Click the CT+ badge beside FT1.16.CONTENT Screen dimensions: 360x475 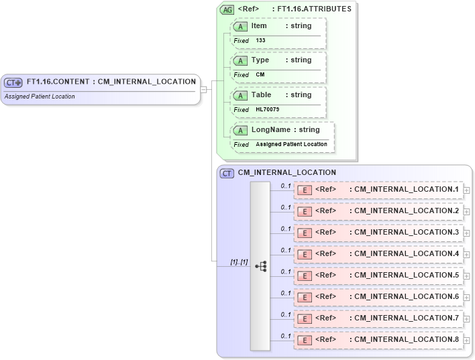13,82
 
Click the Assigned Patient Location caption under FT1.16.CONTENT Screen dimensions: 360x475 40,97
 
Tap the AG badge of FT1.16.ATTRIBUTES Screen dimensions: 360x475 227,9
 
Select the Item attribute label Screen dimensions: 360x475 258,25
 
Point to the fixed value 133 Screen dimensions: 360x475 260,40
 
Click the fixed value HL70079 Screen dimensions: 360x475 267,109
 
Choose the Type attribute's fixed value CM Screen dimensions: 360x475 260,74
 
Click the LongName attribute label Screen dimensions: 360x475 270,129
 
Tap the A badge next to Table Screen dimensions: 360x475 240,95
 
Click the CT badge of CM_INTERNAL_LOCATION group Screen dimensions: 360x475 227,173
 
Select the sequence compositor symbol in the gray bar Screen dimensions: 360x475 260,266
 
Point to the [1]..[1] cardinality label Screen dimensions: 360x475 238,262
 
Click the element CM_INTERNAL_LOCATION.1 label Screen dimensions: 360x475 406,190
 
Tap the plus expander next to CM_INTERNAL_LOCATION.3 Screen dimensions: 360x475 466,233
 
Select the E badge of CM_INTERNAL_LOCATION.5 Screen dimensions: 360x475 304,276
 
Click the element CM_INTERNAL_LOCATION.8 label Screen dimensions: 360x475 406,340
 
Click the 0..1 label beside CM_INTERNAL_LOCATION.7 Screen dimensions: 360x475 285,314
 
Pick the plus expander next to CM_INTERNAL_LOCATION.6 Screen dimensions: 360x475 466,298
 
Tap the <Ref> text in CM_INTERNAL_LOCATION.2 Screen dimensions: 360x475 325,211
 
